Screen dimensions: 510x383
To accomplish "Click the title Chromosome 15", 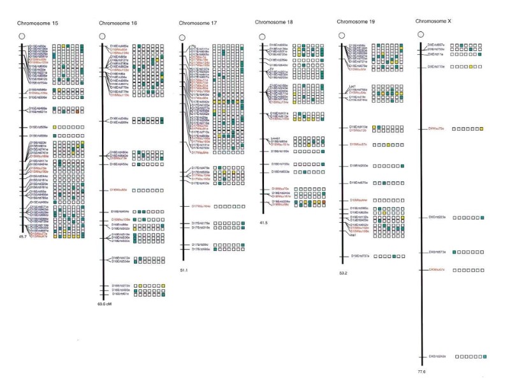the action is click(36, 23).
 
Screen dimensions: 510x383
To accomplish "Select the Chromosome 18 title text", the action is click(274, 22).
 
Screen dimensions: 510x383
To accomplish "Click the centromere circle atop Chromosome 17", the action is click(184, 38).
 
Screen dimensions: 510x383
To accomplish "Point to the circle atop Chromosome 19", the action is click(342, 36).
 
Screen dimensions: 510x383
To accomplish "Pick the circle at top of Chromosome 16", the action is click(103, 36).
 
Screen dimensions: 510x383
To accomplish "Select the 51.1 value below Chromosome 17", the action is click(185, 271).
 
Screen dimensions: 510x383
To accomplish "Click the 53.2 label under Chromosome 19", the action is click(344, 271).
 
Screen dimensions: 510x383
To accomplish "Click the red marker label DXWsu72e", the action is click(436, 129).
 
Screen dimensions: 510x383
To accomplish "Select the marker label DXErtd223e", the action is click(437, 218).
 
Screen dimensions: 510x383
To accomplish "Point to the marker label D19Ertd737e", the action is click(360, 256).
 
